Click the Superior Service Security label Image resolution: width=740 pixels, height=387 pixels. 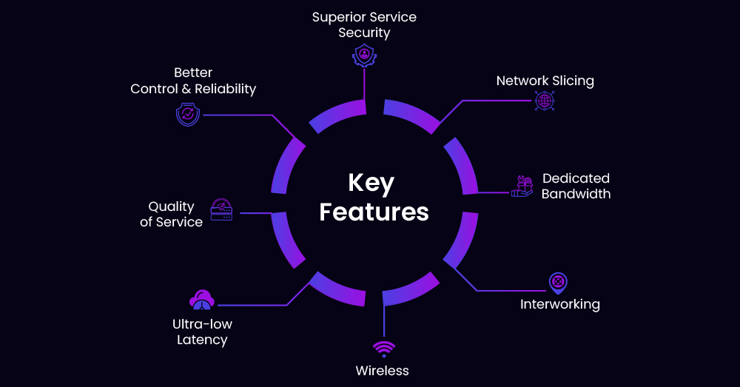(363, 24)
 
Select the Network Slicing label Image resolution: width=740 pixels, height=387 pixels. (545, 81)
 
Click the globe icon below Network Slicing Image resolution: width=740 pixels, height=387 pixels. (545, 101)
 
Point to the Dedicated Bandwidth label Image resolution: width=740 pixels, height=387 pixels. (576, 186)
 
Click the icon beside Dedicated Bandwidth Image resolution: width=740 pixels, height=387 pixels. (522, 186)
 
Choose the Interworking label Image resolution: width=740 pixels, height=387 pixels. (559, 304)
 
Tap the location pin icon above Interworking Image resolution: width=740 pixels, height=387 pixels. (558, 283)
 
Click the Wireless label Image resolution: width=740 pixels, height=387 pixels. (382, 370)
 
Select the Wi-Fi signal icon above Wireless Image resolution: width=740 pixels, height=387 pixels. (383, 349)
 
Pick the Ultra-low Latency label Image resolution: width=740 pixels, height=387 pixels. (202, 332)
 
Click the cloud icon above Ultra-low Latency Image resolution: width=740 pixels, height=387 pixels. (202, 300)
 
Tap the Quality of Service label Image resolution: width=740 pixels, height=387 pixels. (171, 214)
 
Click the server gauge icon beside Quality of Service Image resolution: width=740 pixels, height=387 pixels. (221, 209)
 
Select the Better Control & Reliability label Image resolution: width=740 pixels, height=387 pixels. (193, 81)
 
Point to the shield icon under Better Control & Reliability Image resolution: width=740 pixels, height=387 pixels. (188, 115)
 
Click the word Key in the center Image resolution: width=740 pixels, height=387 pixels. (371, 184)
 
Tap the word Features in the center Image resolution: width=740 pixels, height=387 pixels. (374, 212)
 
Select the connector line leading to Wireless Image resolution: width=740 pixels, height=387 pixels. (383, 322)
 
